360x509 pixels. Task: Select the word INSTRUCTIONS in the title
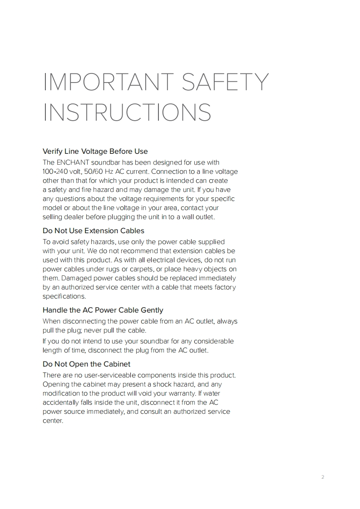[127, 113]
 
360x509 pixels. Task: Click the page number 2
[323, 477]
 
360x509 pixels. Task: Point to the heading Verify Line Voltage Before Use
[95, 151]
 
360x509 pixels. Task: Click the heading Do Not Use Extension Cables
[93, 230]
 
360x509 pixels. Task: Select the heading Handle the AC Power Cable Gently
[103, 310]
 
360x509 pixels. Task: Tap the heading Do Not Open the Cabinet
[86, 364]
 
